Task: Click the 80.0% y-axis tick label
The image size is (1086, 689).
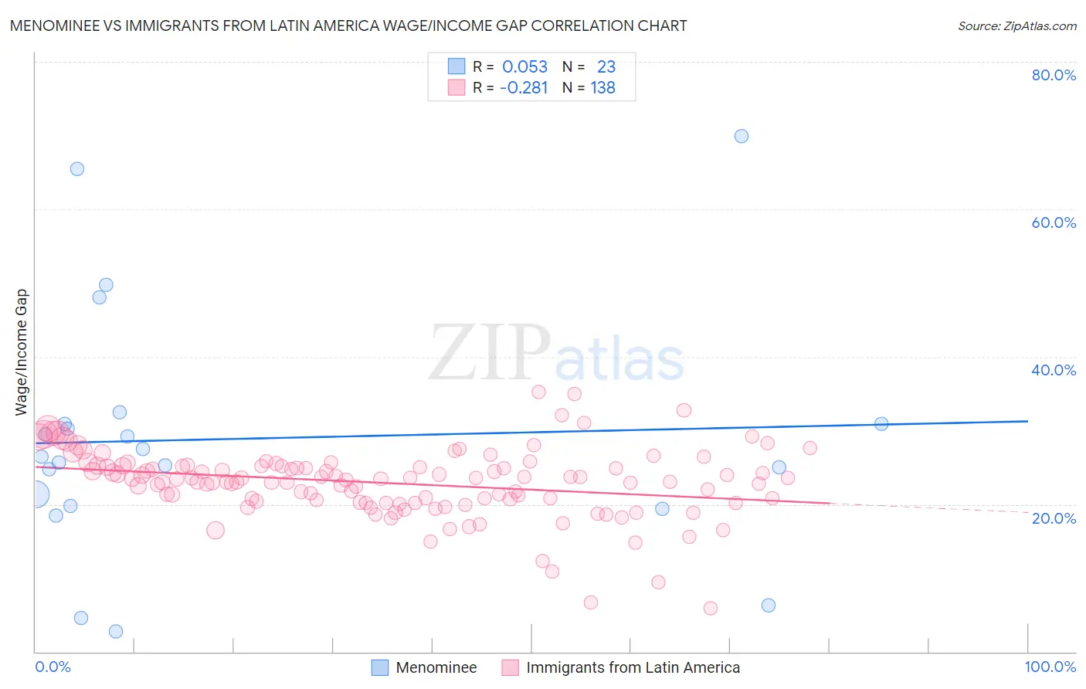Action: (1054, 75)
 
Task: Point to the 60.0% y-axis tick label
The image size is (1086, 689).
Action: (1054, 222)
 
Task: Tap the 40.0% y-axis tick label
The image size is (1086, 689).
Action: (1054, 370)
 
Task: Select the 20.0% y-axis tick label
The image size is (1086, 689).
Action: (1054, 518)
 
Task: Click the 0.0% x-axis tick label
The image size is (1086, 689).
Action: (53, 667)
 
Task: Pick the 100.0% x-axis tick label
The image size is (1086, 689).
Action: (1050, 667)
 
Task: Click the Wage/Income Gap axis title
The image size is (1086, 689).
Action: (22, 352)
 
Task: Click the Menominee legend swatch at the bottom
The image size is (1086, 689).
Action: (380, 667)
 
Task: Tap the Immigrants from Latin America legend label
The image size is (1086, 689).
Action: (633, 667)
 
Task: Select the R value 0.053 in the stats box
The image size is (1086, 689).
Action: (524, 67)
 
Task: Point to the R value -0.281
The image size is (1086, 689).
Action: (524, 88)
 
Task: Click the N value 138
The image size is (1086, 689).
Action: (602, 88)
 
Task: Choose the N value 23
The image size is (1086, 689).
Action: (606, 67)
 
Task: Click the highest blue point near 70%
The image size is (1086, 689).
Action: (742, 136)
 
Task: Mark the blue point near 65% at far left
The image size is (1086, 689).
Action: (77, 169)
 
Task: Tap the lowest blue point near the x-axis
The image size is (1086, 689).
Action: (116, 631)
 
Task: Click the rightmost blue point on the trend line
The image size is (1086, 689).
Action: (881, 423)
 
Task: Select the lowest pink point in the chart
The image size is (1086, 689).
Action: (711, 608)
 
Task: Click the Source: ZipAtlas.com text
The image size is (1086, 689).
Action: (1016, 26)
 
